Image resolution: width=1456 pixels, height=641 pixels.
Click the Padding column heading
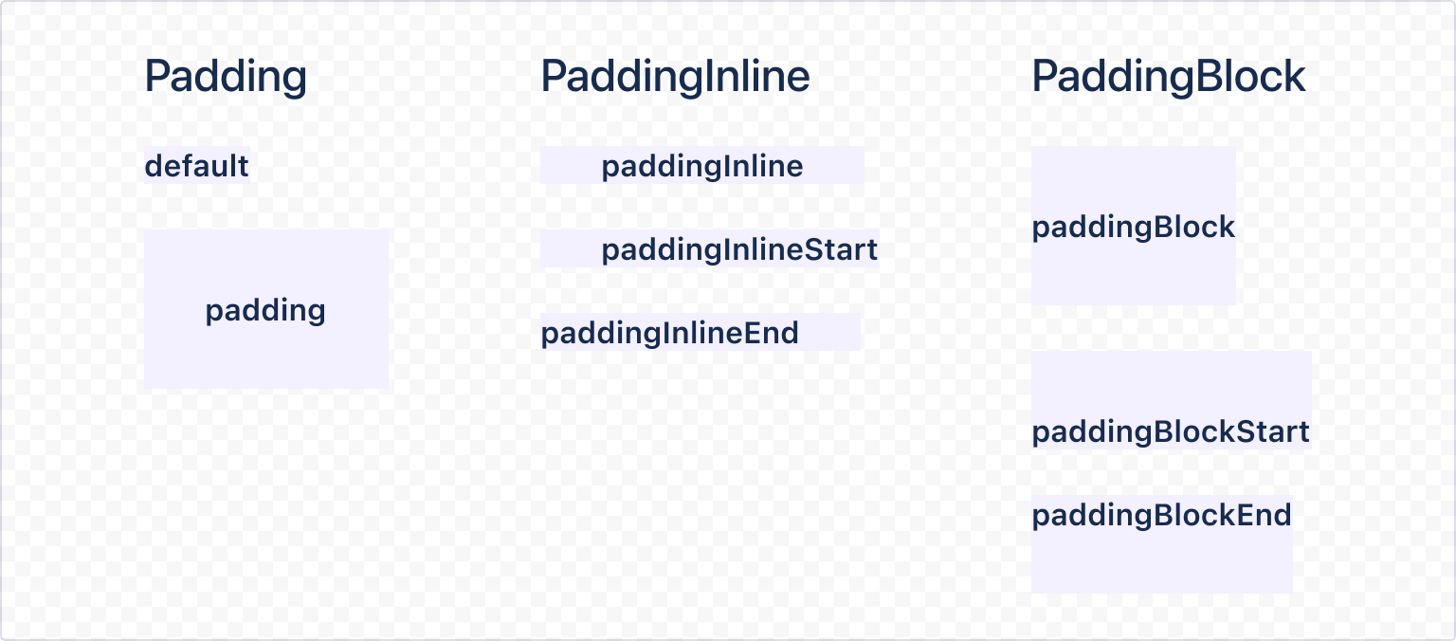point(226,77)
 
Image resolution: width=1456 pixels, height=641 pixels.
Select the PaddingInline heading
point(675,77)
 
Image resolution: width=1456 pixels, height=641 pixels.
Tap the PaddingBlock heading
point(1168,77)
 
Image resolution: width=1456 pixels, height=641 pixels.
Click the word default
point(196,167)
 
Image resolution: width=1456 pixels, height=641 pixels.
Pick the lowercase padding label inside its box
point(265,310)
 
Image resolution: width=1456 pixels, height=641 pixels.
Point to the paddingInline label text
point(702,167)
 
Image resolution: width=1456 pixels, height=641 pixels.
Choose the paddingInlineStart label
point(739,250)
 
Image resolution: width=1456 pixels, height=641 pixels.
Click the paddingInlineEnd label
point(669,334)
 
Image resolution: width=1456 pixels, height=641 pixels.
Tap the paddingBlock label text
point(1133,228)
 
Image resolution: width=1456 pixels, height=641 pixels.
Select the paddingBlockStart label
point(1171,432)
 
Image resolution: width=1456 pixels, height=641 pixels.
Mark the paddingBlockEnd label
point(1161,516)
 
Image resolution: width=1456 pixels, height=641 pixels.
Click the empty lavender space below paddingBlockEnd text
point(1161,564)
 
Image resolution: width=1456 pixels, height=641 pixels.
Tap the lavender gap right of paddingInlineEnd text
point(830,333)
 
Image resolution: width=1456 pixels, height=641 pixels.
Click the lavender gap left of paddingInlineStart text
point(570,250)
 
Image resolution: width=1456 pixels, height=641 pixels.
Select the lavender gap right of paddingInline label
point(834,167)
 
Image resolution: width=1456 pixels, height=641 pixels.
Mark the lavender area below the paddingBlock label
point(1133,275)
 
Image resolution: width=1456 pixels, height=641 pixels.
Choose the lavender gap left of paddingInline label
point(570,167)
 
